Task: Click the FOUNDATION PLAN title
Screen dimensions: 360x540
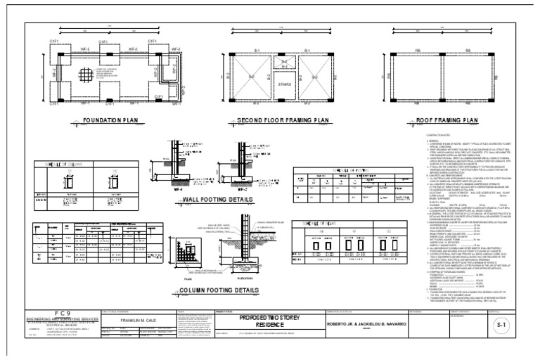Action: coord(113,120)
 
